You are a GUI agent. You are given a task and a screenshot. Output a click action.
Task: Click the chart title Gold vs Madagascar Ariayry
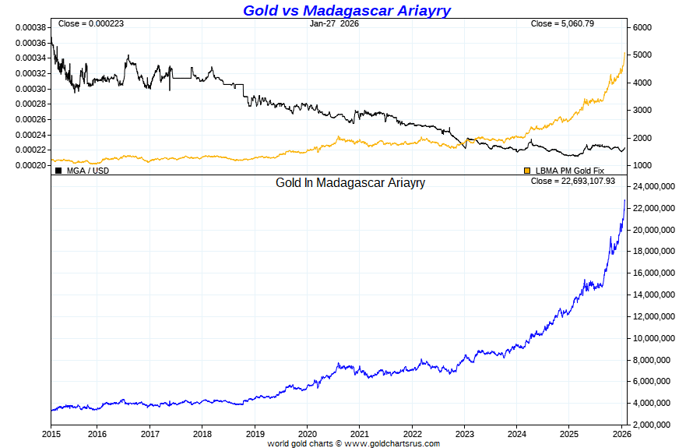(346, 10)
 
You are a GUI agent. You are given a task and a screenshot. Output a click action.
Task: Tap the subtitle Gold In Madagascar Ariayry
(350, 183)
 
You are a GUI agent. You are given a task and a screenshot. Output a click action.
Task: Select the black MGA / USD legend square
(58, 170)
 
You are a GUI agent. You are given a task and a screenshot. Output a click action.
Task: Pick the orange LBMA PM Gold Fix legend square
(527, 170)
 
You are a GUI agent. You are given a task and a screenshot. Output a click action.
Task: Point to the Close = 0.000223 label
(91, 23)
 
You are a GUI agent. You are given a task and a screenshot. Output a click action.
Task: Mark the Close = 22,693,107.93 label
(572, 181)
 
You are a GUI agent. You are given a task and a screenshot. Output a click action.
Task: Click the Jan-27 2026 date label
(334, 23)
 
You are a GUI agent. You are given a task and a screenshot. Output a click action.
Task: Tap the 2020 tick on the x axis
(308, 433)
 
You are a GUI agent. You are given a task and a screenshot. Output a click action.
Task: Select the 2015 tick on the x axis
(51, 433)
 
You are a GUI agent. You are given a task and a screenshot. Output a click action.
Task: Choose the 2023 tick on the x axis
(465, 433)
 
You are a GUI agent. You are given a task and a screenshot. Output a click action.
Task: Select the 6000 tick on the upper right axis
(642, 27)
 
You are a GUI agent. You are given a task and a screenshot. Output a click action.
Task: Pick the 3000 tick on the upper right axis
(642, 110)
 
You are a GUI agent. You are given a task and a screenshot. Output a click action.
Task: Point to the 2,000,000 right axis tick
(653, 425)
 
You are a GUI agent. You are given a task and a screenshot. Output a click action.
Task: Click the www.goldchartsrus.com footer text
(392, 443)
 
